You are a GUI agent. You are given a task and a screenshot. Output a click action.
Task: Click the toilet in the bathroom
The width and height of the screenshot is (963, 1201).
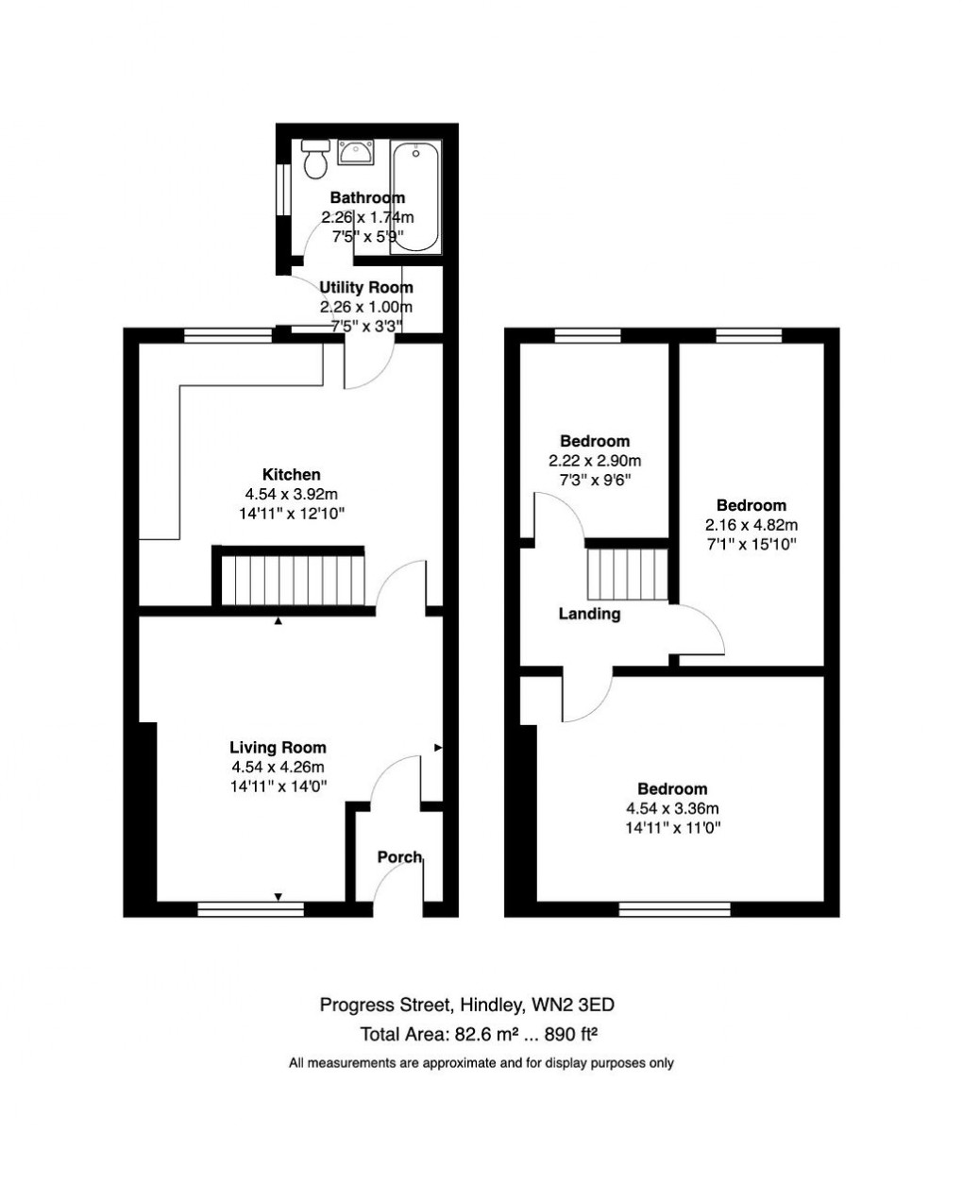[315, 161]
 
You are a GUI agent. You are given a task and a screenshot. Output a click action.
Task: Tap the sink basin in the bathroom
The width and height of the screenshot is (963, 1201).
[356, 151]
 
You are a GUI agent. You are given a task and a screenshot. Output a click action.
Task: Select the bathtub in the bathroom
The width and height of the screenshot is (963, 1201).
[415, 197]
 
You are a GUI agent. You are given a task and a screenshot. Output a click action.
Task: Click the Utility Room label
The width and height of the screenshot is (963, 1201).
[365, 288]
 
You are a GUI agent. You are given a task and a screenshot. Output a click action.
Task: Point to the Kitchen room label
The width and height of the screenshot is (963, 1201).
[291, 475]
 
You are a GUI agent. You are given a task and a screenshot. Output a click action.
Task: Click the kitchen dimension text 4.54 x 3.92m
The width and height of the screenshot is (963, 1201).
[291, 495]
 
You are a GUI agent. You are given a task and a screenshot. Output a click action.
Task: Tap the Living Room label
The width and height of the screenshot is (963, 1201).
[278, 748]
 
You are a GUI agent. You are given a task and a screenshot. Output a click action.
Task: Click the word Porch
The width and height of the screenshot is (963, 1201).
[399, 857]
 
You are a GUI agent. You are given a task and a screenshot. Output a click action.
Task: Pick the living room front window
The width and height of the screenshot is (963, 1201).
[250, 909]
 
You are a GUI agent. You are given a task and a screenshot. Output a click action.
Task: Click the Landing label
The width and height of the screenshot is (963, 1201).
[589, 615]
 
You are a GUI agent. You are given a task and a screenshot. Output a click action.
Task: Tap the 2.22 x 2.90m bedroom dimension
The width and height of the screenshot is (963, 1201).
[595, 461]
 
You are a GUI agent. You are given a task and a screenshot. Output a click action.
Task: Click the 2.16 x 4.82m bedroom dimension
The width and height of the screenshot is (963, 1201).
[752, 525]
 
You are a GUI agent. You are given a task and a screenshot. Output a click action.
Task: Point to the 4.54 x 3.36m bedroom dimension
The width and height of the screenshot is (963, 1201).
[672, 809]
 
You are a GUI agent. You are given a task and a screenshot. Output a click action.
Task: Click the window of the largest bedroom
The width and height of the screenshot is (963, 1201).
[675, 909]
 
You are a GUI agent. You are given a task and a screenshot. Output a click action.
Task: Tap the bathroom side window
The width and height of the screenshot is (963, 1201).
[280, 190]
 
